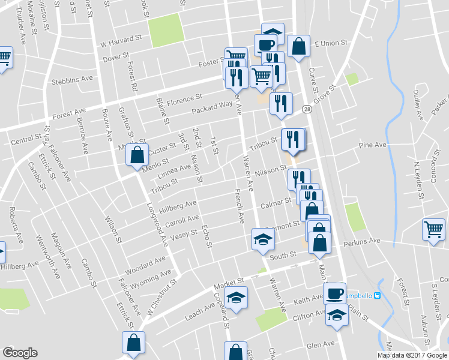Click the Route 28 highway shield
tap(307, 110)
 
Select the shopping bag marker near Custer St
tap(137, 155)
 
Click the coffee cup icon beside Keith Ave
tap(334, 293)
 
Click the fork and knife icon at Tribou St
tap(292, 139)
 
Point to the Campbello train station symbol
tap(378, 295)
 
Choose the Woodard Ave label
tap(145, 262)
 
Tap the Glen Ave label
tap(320, 344)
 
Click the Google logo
tap(20, 353)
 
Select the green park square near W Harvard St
tap(166, 30)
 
